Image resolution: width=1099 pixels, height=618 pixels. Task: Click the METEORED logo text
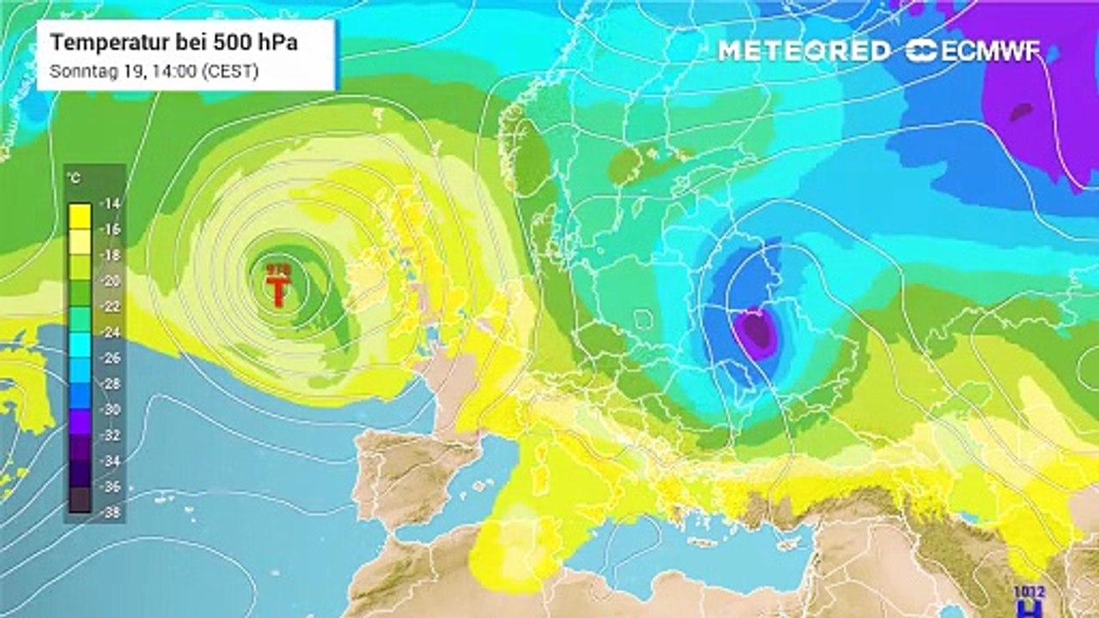(804, 51)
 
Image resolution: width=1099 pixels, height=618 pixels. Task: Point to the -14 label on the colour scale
(112, 203)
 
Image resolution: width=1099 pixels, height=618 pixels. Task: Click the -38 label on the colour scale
(112, 512)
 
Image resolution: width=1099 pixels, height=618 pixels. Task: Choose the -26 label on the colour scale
(112, 358)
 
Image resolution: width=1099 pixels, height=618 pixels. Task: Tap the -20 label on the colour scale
(112, 281)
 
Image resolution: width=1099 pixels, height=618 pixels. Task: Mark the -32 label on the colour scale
(112, 435)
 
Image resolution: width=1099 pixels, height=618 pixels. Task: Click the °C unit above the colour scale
(75, 179)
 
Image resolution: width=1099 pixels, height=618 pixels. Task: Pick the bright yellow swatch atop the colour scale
(80, 210)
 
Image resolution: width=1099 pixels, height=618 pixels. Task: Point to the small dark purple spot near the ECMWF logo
(1021, 112)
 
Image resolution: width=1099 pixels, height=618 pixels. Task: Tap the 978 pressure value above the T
(277, 270)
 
